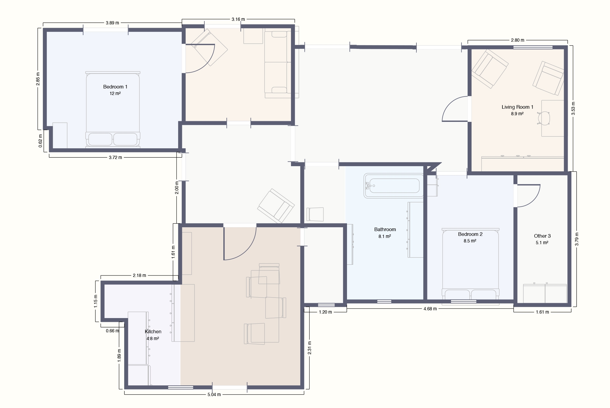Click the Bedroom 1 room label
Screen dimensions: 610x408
click(x=115, y=87)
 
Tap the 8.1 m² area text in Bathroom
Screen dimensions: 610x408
click(x=385, y=236)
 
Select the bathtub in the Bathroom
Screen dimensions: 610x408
click(x=393, y=186)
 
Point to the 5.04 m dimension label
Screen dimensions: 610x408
click(x=214, y=395)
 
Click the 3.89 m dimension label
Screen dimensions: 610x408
click(x=112, y=23)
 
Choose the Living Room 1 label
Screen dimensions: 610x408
click(x=517, y=107)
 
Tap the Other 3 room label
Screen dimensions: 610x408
click(x=542, y=236)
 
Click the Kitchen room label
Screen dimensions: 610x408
click(x=153, y=331)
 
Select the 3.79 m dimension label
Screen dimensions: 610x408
click(x=577, y=239)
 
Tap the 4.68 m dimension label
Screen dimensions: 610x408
click(x=430, y=309)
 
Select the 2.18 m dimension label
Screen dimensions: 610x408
click(x=139, y=275)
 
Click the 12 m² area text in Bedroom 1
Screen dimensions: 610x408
click(x=115, y=94)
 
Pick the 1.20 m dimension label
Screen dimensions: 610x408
click(x=325, y=312)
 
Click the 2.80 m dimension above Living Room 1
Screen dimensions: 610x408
click(x=517, y=40)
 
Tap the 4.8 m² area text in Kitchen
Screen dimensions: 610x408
click(x=153, y=339)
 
